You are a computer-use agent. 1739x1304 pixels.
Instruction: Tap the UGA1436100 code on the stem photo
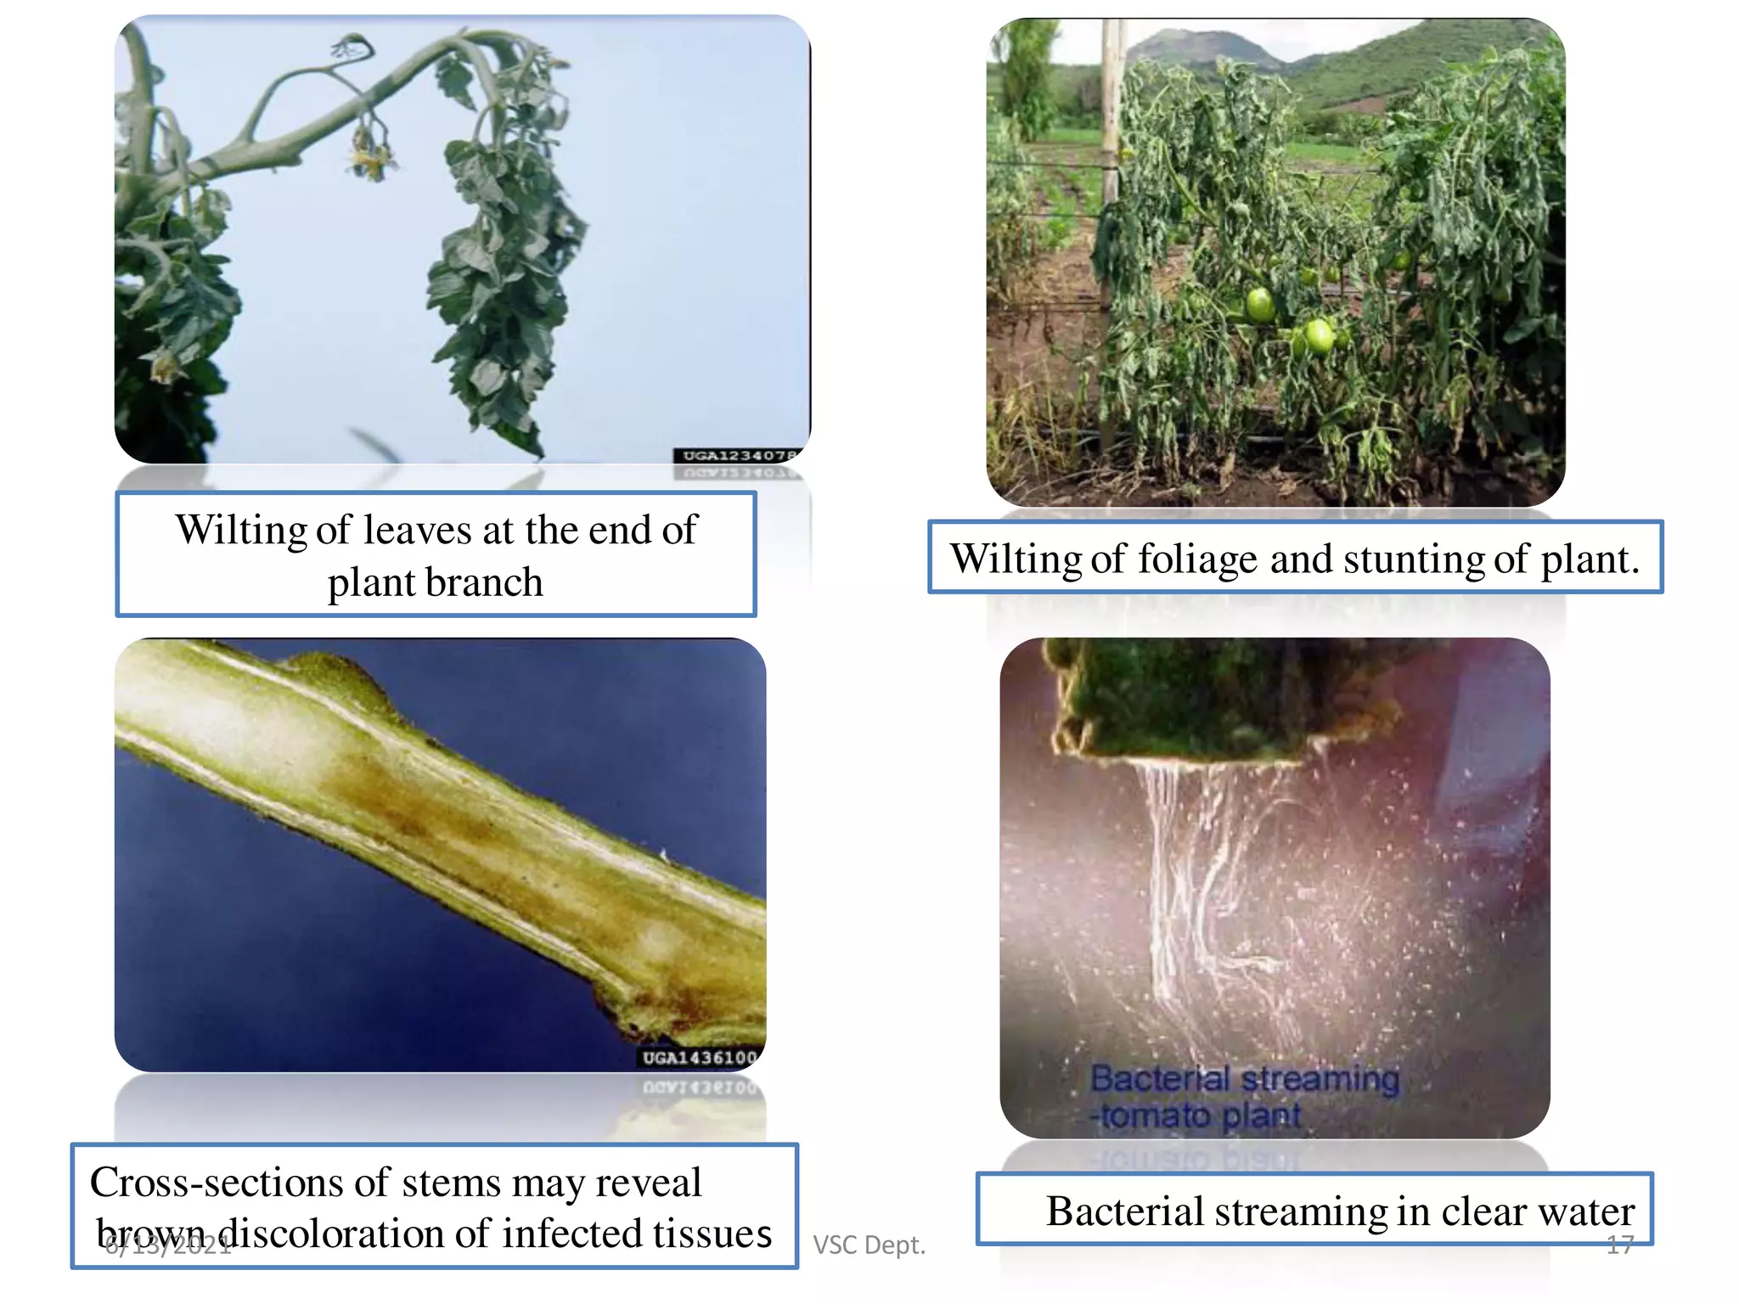pos(699,1058)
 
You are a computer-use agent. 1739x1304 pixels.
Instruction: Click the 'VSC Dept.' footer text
pos(869,1245)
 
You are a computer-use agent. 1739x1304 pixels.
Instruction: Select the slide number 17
pos(1620,1245)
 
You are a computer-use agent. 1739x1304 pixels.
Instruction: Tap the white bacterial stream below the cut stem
pos(1189,866)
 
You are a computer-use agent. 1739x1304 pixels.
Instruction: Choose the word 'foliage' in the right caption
pos(1198,559)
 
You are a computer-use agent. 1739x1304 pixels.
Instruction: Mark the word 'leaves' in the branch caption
pos(417,531)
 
